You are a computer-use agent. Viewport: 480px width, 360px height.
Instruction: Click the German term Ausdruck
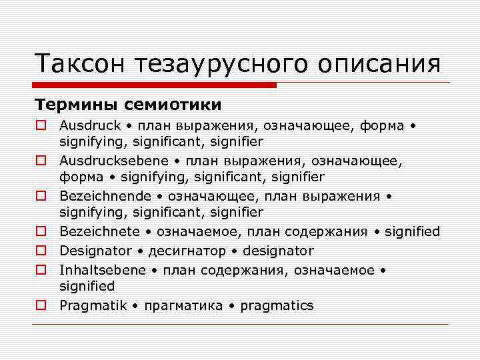pos(90,125)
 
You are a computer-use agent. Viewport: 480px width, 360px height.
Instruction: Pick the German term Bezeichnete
pos(100,231)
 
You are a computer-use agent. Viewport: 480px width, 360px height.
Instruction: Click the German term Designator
pos(95,251)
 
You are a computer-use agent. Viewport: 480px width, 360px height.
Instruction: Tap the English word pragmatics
pos(277,306)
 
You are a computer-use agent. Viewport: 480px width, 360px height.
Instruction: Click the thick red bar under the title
pos(155,85)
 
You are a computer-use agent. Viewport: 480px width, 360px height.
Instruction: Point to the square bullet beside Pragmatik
pos(41,306)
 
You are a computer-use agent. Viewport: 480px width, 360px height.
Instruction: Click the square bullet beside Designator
pos(41,251)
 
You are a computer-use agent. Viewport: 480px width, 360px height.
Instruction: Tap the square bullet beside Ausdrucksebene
pos(41,161)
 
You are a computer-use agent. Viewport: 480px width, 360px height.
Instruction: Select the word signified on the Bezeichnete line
pos(411,231)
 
